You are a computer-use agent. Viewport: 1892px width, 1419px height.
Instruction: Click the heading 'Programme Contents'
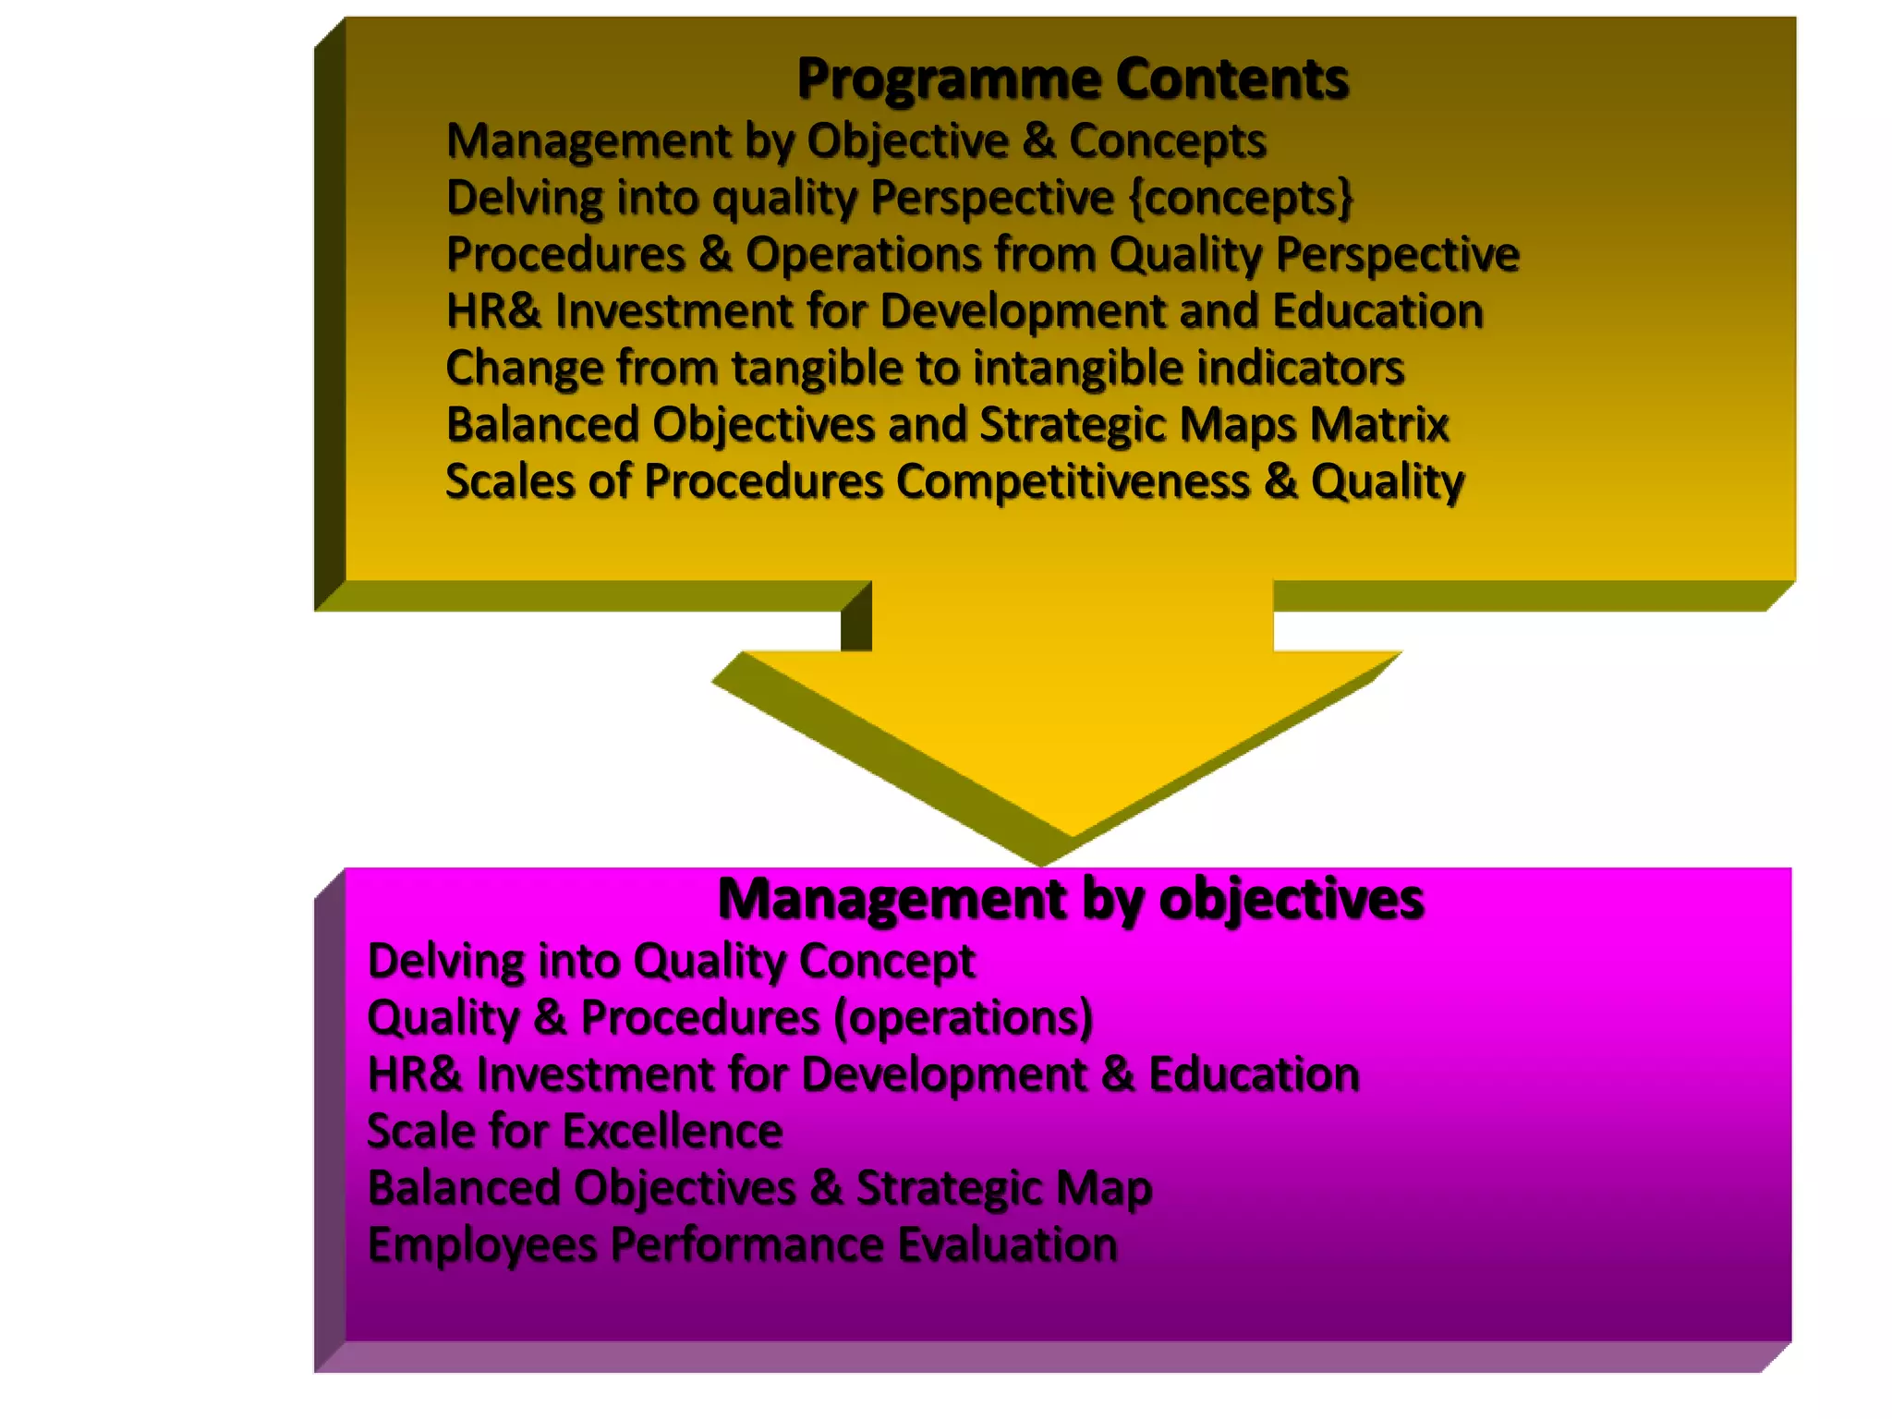coord(1072,79)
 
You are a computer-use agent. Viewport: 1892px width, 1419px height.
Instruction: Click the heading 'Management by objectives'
coord(1070,899)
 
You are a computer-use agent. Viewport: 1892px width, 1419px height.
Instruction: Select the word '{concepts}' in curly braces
coord(1241,198)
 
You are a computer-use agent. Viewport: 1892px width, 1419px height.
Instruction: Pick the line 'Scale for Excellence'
coord(575,1132)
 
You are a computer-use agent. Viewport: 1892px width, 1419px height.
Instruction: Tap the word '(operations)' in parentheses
coord(963,1018)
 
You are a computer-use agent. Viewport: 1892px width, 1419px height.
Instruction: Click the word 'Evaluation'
coord(1007,1245)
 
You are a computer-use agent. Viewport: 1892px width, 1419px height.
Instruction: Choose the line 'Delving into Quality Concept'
coord(671,961)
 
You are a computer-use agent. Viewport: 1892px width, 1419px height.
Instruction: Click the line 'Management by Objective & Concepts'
coord(855,141)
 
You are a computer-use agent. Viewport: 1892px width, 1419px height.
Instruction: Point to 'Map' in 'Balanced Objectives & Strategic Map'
coord(1103,1188)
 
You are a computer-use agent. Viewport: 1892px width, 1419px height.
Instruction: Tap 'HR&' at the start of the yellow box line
coord(492,311)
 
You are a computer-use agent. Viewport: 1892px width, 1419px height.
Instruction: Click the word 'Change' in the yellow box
coord(524,369)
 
